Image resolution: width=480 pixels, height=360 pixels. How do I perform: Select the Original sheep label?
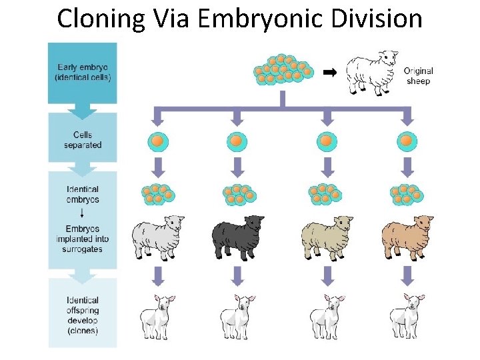(x=419, y=76)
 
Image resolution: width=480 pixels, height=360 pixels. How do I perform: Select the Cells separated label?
(x=83, y=139)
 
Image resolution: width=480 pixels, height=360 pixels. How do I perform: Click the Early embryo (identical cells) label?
(x=82, y=72)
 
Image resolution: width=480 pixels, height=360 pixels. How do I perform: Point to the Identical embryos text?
(x=83, y=195)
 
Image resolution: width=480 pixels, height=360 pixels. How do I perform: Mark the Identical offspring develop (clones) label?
(x=83, y=315)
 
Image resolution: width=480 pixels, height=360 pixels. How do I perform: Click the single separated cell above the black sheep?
(x=237, y=141)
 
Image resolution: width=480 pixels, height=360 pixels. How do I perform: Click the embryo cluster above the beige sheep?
(x=325, y=194)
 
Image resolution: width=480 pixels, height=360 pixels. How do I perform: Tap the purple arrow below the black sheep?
(x=237, y=275)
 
